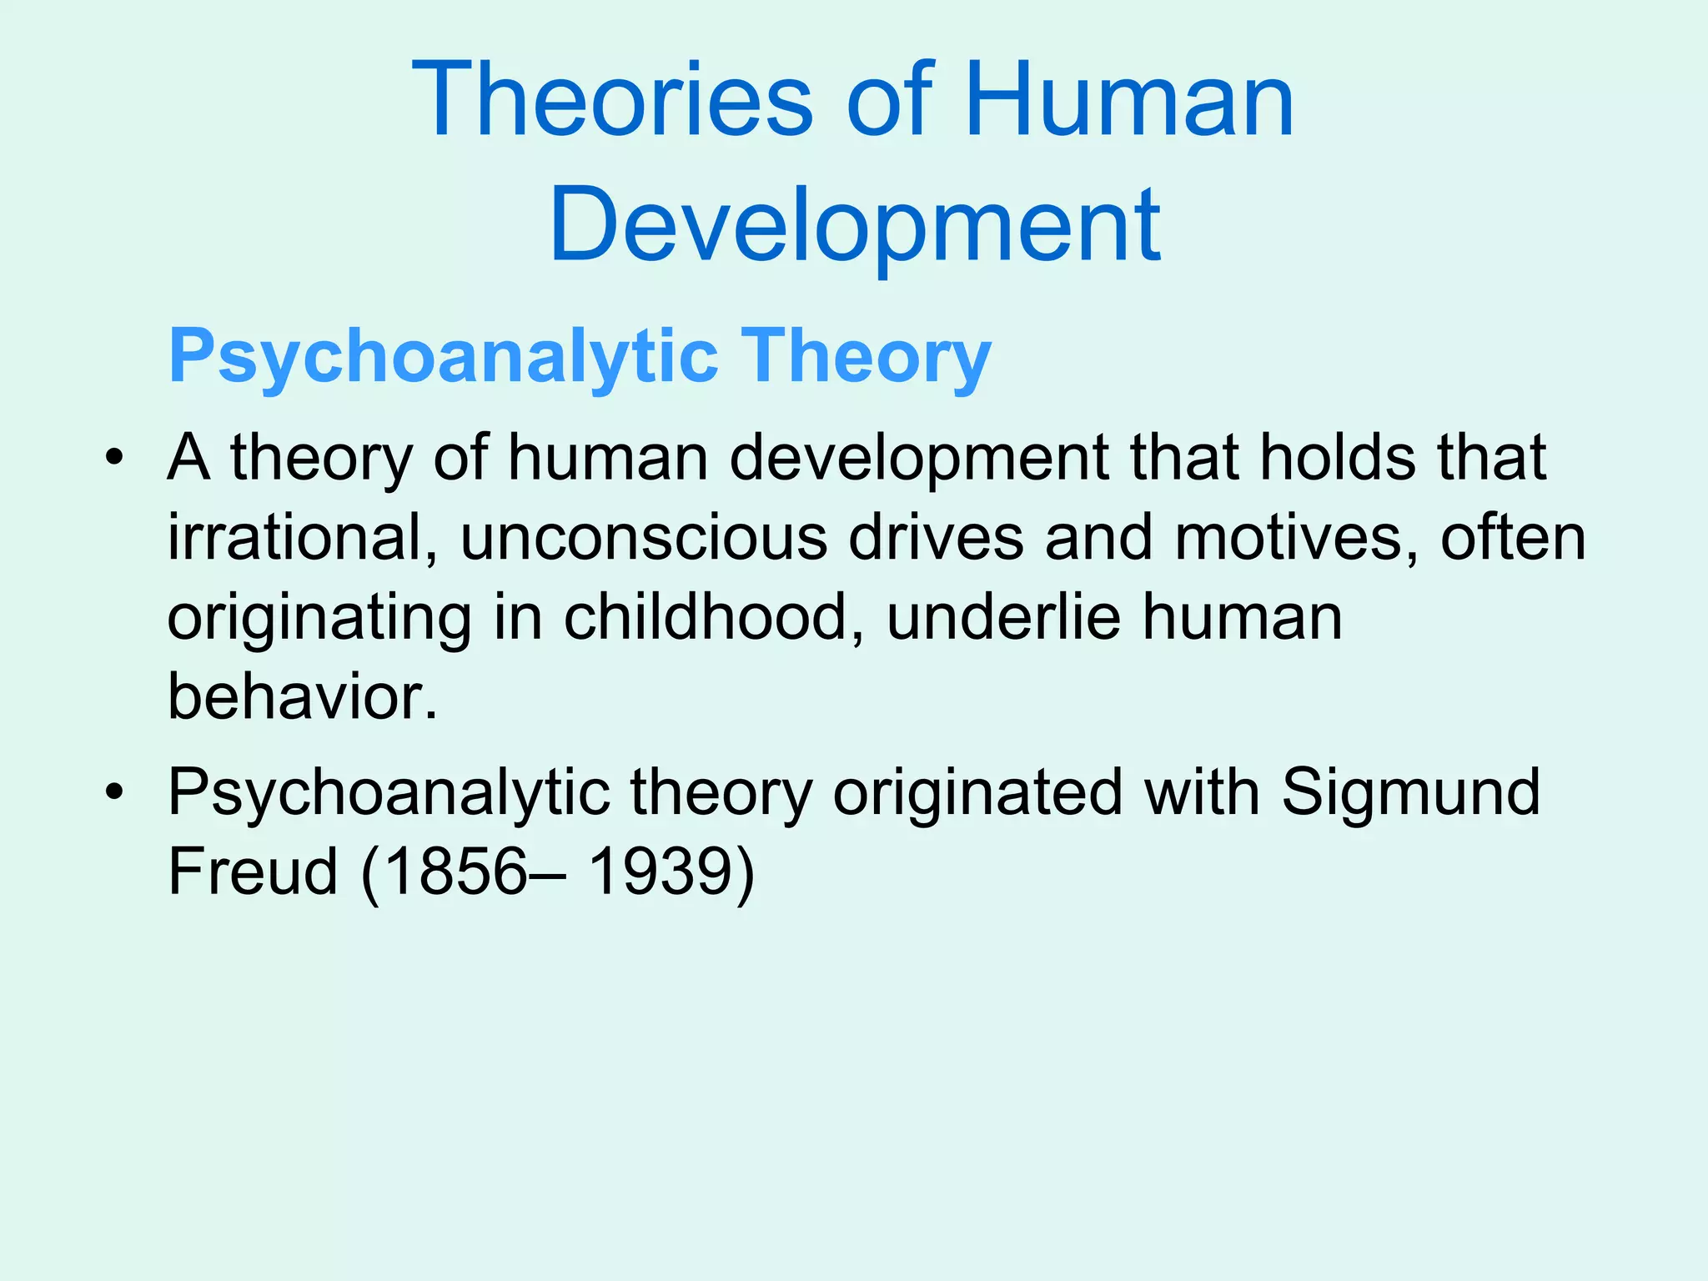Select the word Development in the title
pyautogui.click(x=854, y=225)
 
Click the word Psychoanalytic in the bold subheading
pyautogui.click(x=443, y=357)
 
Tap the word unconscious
pyautogui.click(x=643, y=538)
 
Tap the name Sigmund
pyautogui.click(x=1410, y=791)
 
